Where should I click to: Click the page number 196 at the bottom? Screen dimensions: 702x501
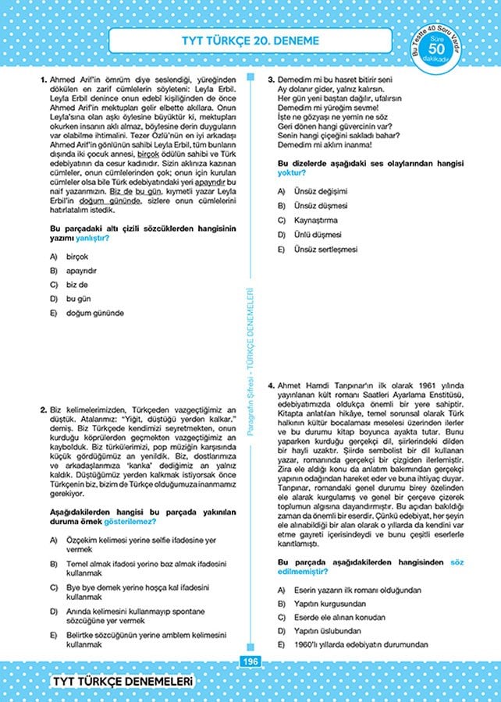(x=250, y=662)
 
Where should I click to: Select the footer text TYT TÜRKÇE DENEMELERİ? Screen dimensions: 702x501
(x=121, y=682)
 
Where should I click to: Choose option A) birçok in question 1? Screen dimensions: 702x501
(x=78, y=257)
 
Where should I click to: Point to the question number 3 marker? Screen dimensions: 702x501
(x=271, y=80)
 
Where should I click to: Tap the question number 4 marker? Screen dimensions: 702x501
(x=271, y=385)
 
